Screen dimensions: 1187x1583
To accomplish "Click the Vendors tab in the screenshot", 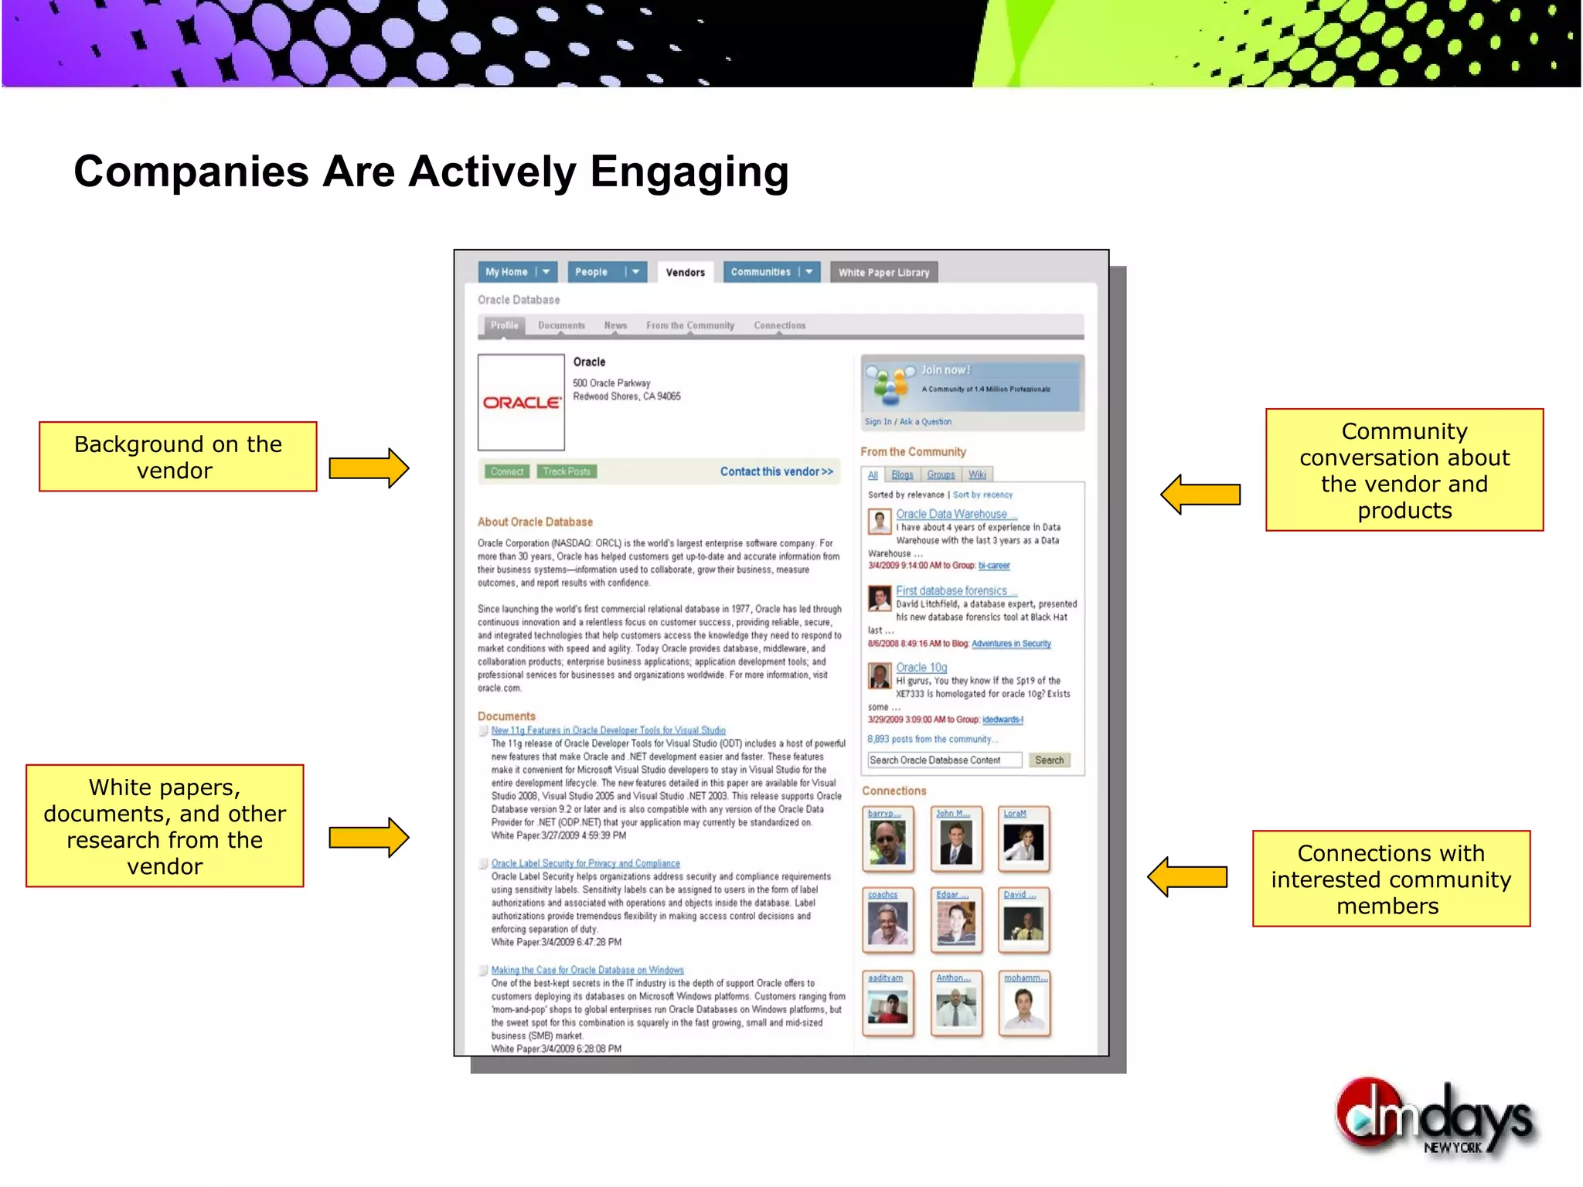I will (x=685, y=272).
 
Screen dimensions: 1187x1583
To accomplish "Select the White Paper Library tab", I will (x=883, y=272).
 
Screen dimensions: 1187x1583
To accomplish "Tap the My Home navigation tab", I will (x=507, y=272).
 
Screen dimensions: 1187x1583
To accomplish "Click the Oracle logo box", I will (x=521, y=402).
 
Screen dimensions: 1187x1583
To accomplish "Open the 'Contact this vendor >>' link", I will (x=776, y=471).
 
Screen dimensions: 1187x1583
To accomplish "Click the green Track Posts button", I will (x=567, y=471).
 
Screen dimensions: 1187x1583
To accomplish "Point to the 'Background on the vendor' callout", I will (x=178, y=457).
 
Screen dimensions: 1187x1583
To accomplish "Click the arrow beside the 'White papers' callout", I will (x=369, y=837).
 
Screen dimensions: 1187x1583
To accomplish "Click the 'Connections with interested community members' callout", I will (x=1391, y=879).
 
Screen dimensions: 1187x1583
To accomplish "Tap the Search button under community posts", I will (x=1049, y=760).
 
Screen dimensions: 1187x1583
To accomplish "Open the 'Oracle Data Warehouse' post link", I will (x=952, y=514).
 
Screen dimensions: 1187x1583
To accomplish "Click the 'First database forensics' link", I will (x=952, y=590).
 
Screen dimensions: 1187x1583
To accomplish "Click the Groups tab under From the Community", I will (x=941, y=474).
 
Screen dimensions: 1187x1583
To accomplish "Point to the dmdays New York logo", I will (x=1437, y=1119).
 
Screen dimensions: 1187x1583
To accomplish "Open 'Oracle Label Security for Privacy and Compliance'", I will (x=586, y=863).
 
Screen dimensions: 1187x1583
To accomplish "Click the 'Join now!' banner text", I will (x=945, y=370).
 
